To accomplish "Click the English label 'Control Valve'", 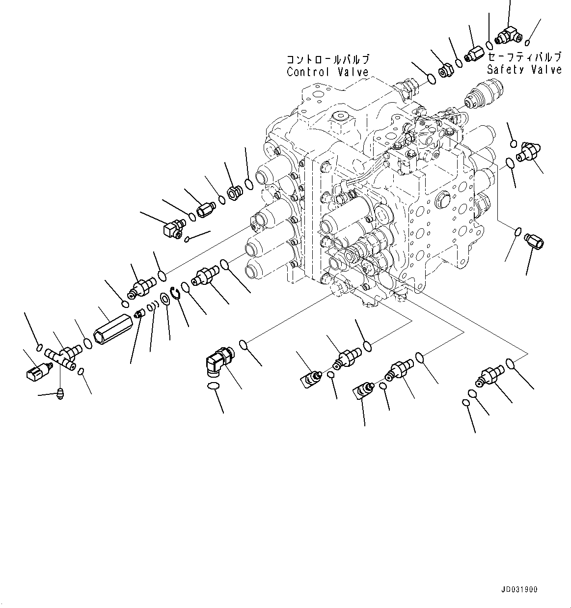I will click(x=327, y=72).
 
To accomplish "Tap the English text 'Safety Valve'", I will click(x=524, y=69).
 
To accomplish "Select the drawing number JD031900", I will click(x=520, y=589).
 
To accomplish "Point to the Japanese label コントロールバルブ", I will click(x=328, y=60).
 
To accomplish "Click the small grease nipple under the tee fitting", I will click(x=60, y=393).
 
